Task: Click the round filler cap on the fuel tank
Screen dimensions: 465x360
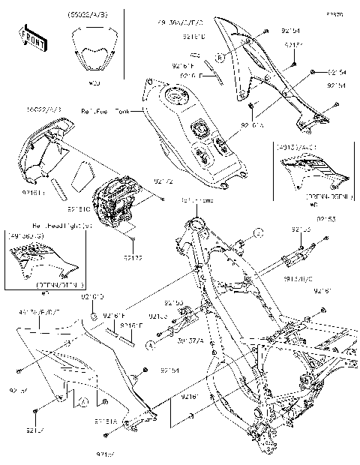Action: pyautogui.click(x=179, y=98)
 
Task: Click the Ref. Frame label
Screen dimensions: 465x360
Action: pyautogui.click(x=195, y=201)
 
